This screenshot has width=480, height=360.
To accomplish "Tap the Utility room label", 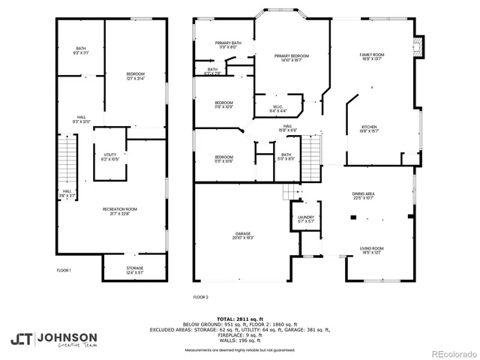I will (x=109, y=157).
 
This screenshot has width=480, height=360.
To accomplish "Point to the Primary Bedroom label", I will (x=291, y=58).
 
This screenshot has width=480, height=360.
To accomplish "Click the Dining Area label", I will (x=364, y=197).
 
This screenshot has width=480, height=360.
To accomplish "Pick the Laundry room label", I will (x=305, y=219).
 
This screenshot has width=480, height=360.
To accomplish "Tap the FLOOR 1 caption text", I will (x=64, y=270).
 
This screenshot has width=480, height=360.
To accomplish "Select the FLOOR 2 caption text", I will (x=201, y=297).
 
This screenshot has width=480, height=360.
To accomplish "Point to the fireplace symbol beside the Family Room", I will (x=419, y=45).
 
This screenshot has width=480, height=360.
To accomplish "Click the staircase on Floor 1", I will (x=67, y=157).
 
